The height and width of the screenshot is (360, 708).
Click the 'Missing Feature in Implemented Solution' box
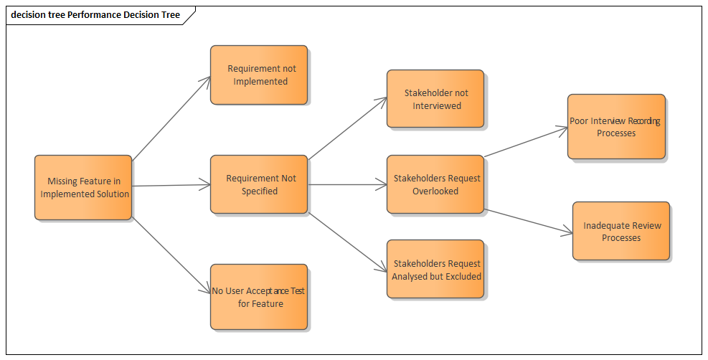[83, 187]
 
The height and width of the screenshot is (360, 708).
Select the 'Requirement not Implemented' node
[259, 75]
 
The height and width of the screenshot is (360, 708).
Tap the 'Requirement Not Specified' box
[259, 184]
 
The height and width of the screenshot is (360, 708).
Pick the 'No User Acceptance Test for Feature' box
[259, 297]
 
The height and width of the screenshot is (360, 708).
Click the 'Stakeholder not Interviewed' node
[435, 99]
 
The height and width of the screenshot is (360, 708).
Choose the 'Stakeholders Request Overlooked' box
[435, 184]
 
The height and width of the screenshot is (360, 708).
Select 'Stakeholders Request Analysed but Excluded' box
[435, 269]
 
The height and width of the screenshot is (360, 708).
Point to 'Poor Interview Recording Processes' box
[616, 126]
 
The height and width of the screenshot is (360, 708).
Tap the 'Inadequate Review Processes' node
[621, 231]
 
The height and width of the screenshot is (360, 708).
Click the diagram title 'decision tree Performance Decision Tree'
[95, 14]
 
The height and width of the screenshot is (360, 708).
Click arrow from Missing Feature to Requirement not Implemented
[171, 118]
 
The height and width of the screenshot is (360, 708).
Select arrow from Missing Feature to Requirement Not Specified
[171, 186]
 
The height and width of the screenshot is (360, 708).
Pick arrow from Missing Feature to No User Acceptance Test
[171, 254]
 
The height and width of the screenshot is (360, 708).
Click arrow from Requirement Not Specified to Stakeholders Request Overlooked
[347, 185]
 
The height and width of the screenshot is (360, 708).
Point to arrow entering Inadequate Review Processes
[529, 221]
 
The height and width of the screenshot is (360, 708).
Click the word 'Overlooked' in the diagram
[435, 191]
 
